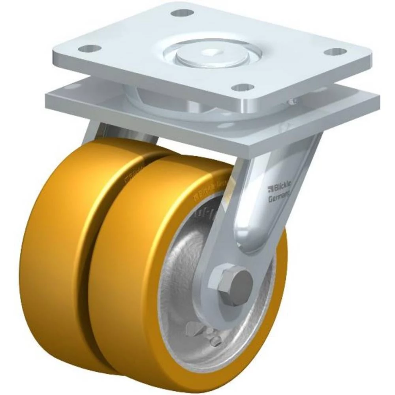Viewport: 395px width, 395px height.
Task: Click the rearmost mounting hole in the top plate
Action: [x=182, y=13]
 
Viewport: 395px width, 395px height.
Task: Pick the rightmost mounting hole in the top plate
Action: [x=336, y=51]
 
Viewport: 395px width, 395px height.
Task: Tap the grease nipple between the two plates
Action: [x=292, y=102]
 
